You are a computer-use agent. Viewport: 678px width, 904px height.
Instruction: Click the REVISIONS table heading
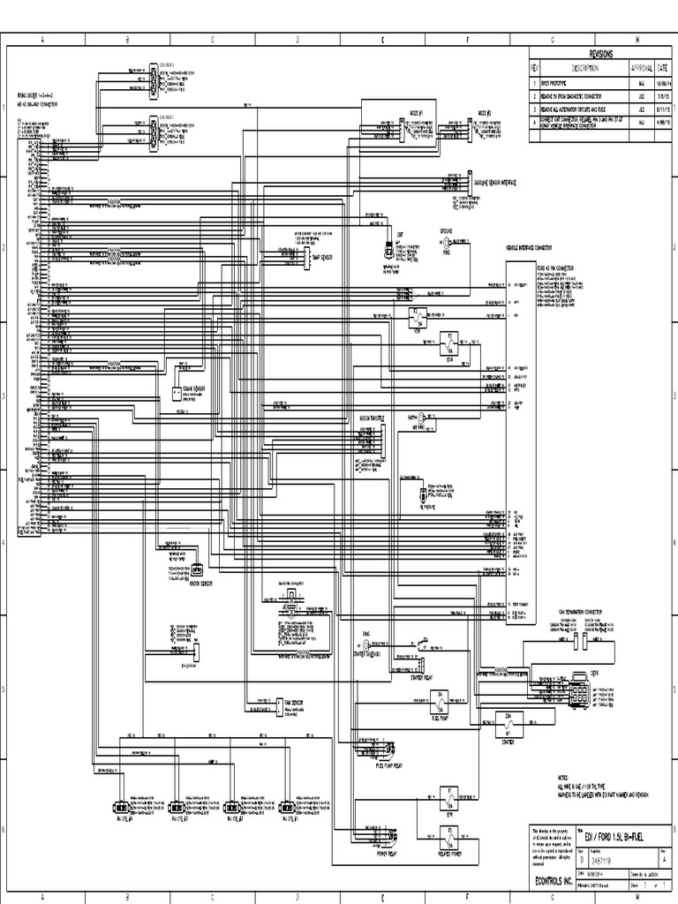pos(599,53)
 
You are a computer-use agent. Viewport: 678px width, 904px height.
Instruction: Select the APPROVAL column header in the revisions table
pos(640,68)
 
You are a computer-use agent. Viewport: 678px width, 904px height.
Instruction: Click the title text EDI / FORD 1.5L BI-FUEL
pos(609,835)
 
